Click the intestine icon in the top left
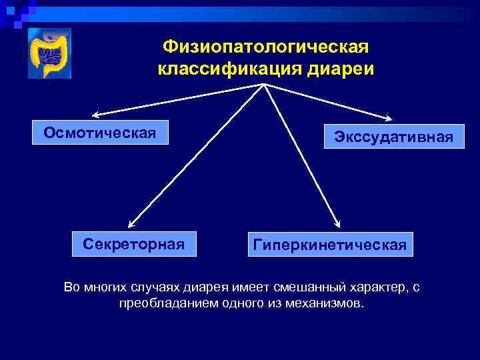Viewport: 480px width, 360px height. [49, 54]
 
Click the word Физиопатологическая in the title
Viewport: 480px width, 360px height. [265, 47]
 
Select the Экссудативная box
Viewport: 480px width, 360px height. [394, 137]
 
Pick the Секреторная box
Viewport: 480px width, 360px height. [134, 243]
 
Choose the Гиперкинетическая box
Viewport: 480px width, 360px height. [330, 245]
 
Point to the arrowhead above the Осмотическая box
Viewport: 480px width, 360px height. [95, 115]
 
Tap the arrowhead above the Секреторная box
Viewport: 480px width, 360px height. [131, 225]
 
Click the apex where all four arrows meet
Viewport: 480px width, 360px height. [265, 85]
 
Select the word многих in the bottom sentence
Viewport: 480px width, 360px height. [101, 287]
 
